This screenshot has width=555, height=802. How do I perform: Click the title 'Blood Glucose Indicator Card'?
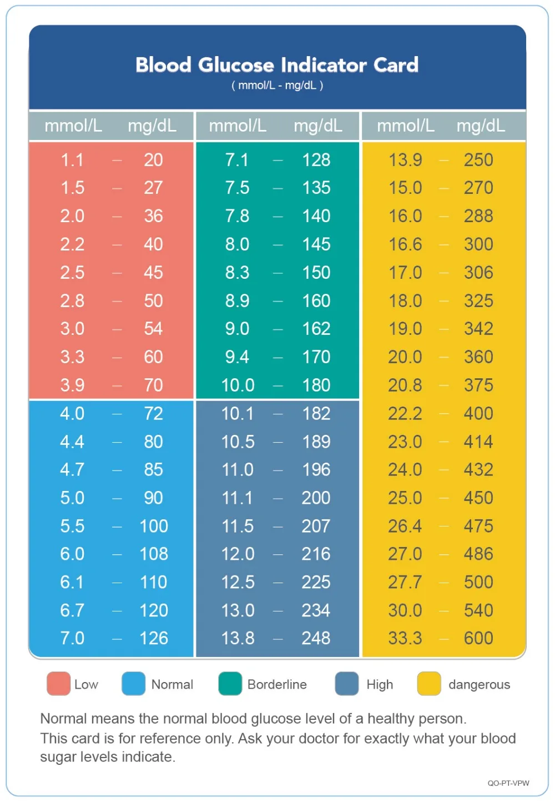pos(277,65)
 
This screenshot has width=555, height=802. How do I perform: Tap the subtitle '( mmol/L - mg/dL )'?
pos(277,86)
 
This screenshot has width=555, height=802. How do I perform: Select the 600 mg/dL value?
pos(478,638)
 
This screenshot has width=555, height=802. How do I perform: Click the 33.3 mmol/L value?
pos(405,638)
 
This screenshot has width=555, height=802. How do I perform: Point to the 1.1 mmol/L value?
pos(72,160)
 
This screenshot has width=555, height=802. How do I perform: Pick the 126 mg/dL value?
pos(154,638)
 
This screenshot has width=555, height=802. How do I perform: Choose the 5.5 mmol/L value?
pos(72,526)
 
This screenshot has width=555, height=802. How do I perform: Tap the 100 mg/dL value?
pos(154,526)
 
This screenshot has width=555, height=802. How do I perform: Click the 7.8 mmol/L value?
pos(237,216)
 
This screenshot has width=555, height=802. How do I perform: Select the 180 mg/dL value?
pos(316,385)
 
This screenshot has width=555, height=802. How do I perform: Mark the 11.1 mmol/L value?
pos(238,498)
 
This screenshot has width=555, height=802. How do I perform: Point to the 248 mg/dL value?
pos(316,638)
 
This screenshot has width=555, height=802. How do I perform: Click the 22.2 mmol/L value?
pos(405,413)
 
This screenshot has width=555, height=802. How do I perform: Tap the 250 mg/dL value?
pos(478,160)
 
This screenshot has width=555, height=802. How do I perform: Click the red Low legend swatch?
pos(58,684)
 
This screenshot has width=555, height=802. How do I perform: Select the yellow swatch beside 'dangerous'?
pos(429,684)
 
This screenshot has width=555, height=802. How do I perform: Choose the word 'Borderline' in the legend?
pos(277,684)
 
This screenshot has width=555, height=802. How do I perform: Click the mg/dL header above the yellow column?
pos(481,126)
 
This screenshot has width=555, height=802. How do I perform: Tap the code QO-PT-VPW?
pos(508,783)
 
